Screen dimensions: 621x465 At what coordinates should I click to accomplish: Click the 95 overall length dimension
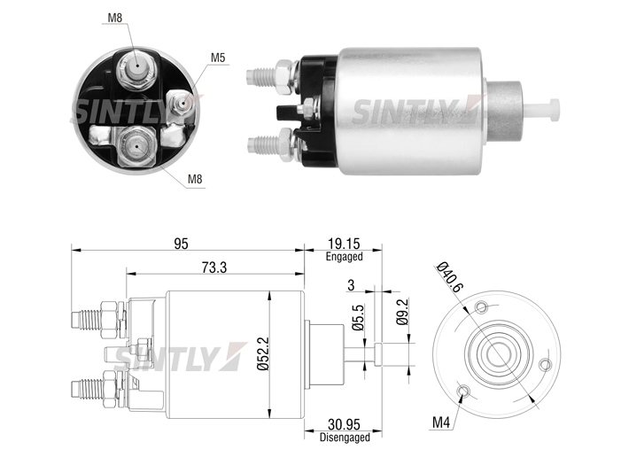click(x=181, y=244)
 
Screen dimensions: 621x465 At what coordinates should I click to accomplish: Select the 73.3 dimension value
click(x=214, y=267)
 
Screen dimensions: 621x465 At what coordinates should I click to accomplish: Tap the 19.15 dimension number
click(x=344, y=244)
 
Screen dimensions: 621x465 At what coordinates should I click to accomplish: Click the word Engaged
click(x=345, y=257)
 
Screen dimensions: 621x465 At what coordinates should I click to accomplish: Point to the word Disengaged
click(x=345, y=438)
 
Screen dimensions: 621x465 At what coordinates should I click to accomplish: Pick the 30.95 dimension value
click(x=345, y=424)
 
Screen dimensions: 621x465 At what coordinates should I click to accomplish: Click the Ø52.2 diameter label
click(x=263, y=353)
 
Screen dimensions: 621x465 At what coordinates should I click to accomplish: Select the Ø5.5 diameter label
click(x=358, y=317)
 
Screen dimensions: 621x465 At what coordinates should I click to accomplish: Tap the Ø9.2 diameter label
click(x=402, y=312)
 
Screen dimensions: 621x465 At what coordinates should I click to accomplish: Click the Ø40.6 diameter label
click(x=449, y=277)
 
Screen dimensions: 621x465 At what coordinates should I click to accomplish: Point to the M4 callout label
click(x=441, y=422)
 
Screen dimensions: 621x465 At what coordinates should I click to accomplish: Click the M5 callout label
click(x=218, y=58)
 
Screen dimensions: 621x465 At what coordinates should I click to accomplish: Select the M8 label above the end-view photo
click(x=115, y=18)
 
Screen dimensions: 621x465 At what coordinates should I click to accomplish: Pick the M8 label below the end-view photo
click(x=195, y=179)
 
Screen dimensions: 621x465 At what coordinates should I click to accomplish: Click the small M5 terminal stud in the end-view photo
click(x=181, y=104)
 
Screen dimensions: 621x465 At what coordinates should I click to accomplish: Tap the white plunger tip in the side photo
click(x=544, y=110)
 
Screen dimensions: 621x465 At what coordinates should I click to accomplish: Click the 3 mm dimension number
click(x=351, y=285)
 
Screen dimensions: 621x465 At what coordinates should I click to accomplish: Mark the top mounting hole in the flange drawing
click(x=482, y=307)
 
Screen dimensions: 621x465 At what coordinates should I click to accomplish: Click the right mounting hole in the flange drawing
click(x=547, y=364)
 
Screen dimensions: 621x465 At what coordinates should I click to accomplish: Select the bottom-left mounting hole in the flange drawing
click(x=464, y=391)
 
